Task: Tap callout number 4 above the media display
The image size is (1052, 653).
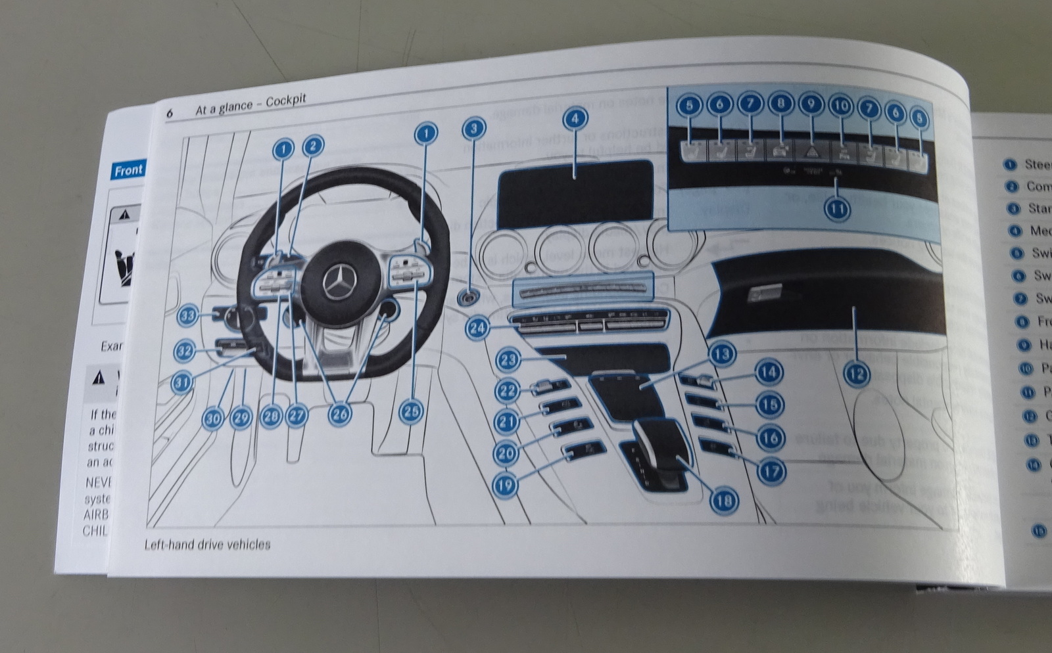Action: [575, 120]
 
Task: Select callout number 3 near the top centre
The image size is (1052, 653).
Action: [474, 129]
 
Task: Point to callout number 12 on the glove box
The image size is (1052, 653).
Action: [855, 374]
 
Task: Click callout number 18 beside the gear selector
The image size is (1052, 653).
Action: [723, 501]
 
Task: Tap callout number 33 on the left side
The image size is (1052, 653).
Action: [189, 316]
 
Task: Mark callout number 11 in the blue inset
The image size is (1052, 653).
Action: [836, 210]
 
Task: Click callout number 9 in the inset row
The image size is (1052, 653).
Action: [811, 104]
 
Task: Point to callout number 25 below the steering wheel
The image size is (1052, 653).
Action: [411, 412]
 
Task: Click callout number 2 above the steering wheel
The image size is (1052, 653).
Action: [312, 146]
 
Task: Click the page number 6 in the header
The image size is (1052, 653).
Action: [170, 113]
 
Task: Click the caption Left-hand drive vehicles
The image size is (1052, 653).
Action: [207, 544]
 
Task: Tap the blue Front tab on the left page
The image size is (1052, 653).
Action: [128, 171]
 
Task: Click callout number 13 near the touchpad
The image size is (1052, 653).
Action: [722, 354]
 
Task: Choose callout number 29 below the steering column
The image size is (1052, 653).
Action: [241, 418]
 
